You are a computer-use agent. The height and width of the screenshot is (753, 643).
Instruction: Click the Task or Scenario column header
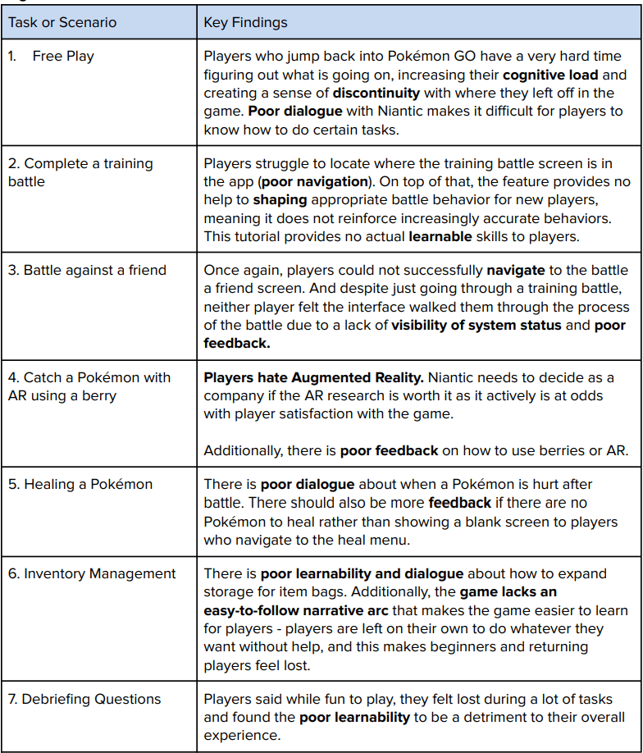[x=62, y=23]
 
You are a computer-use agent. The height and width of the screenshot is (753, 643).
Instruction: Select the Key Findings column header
[x=245, y=23]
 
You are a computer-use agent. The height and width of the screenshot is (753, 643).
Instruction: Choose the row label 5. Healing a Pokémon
[x=80, y=484]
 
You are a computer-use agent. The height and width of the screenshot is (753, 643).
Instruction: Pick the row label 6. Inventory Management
[x=92, y=573]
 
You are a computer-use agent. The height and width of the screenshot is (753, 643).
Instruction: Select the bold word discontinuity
[x=376, y=93]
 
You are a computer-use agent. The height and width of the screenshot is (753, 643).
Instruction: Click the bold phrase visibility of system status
[x=477, y=325]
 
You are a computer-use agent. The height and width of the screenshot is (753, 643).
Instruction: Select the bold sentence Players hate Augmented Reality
[x=290, y=377]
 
